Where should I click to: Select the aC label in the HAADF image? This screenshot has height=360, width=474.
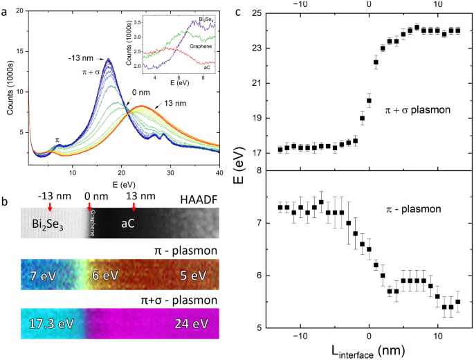[x=129, y=225]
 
